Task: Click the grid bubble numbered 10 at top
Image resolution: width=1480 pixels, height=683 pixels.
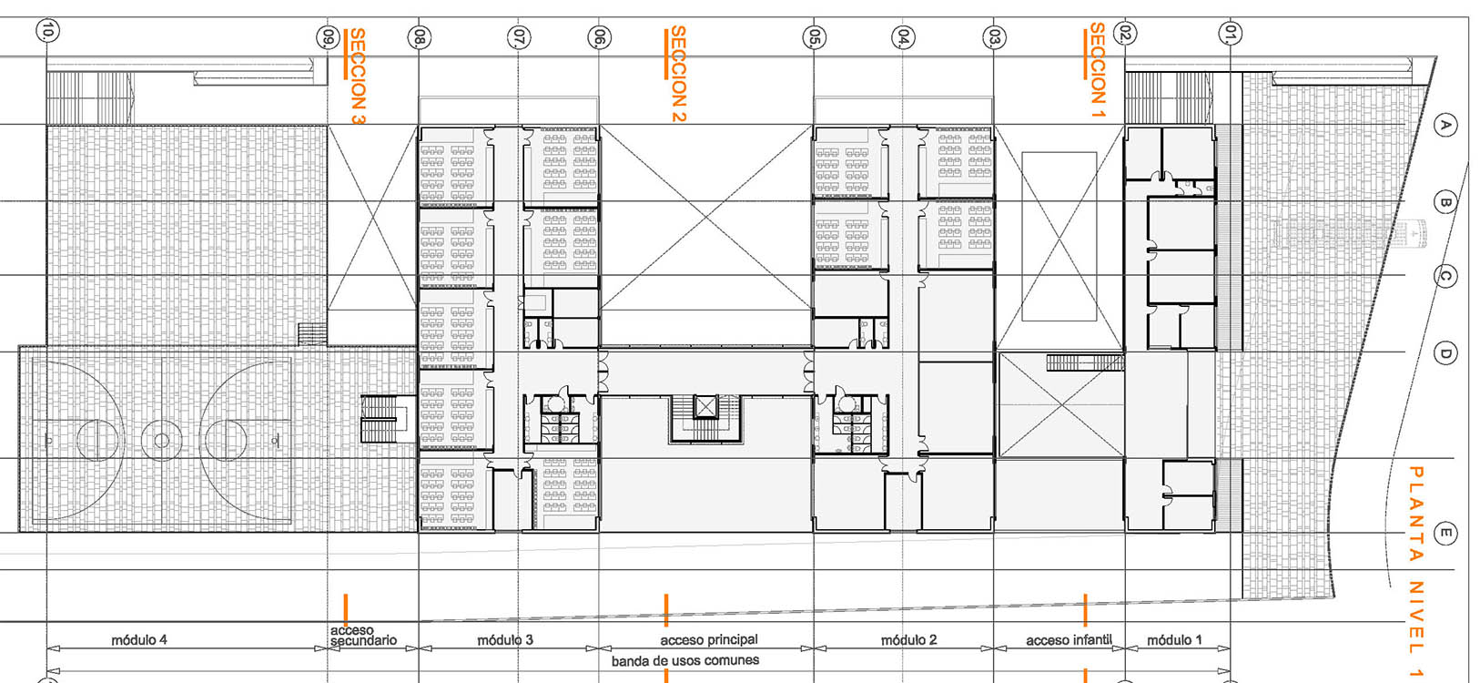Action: [47, 31]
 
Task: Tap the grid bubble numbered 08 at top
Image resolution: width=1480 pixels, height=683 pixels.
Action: [419, 37]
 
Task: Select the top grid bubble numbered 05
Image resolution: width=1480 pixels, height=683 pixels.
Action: [814, 37]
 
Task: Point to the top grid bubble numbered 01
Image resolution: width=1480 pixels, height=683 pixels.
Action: [1231, 33]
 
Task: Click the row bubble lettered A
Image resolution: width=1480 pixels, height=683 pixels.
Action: [1445, 126]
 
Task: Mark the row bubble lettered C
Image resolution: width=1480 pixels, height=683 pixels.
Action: [1445, 276]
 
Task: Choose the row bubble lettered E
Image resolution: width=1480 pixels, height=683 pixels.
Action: [1445, 533]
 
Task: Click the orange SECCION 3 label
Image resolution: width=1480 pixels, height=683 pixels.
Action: [357, 76]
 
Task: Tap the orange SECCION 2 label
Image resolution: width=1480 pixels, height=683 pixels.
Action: [678, 74]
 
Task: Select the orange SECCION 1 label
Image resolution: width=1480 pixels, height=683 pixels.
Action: [1098, 64]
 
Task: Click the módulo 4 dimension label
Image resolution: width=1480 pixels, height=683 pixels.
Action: [138, 639]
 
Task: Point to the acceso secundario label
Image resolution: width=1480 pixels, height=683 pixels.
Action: [363, 636]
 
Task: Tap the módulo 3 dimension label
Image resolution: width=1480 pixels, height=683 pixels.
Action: [505, 639]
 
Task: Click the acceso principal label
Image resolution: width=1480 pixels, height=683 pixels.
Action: [709, 639]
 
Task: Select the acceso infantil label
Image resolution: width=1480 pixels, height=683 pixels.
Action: [1069, 639]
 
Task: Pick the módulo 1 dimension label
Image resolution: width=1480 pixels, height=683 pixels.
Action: [1174, 639]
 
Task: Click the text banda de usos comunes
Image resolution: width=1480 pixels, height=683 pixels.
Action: [685, 660]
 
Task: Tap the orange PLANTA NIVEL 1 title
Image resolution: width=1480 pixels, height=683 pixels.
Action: [1415, 571]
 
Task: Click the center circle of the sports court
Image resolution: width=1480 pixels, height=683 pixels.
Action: [161, 440]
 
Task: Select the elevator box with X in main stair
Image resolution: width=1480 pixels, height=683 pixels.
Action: [705, 407]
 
